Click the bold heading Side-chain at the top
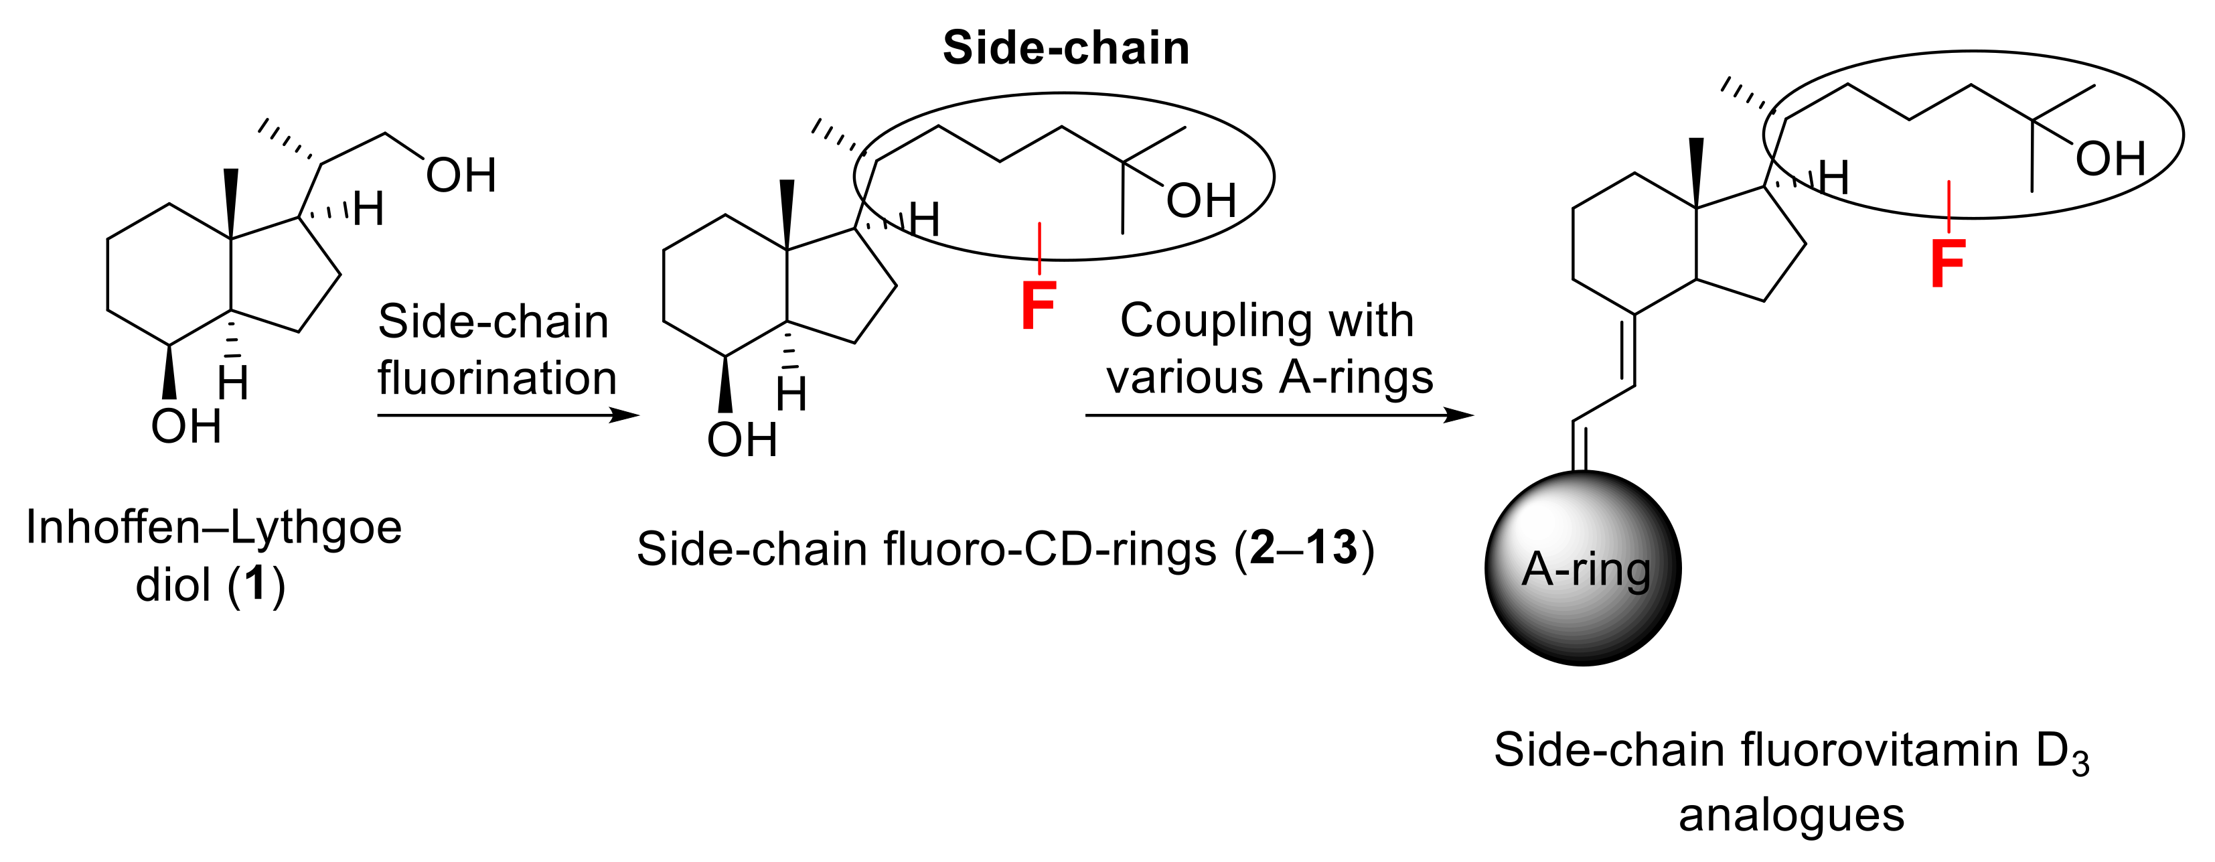pos(1065,48)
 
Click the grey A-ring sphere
pos(1583,568)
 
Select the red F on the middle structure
pos(1038,305)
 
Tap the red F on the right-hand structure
pos(1948,263)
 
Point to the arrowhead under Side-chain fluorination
pos(625,415)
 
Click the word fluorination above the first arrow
pos(497,378)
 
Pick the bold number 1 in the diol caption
pos(255,584)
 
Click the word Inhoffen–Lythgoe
pos(213,526)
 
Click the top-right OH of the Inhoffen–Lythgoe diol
pos(461,175)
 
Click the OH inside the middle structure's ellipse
pos(1201,200)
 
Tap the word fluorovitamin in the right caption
pos(1879,750)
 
